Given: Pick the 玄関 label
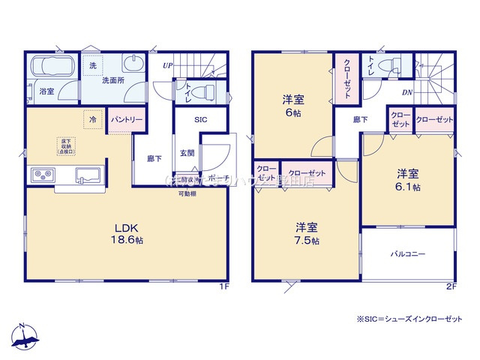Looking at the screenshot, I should click(x=187, y=153).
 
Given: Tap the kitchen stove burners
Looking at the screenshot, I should click(x=42, y=175).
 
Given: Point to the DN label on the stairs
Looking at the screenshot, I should click(x=406, y=92).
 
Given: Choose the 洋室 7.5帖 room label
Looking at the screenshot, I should click(x=306, y=233).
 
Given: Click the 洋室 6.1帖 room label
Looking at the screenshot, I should click(x=409, y=179).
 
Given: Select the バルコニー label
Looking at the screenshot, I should click(x=407, y=254).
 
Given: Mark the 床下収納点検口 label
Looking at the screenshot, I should click(x=65, y=145).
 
